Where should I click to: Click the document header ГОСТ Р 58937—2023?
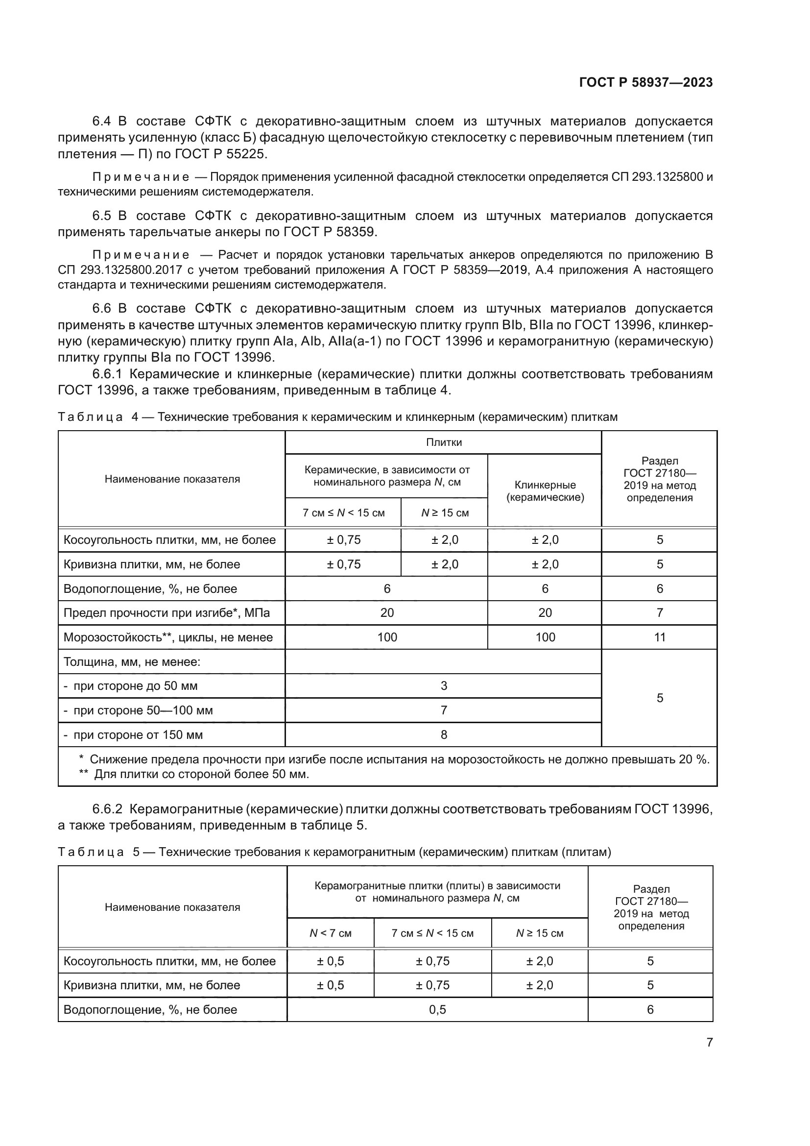[645, 83]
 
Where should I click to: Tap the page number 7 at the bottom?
[709, 1042]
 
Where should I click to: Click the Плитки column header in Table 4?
[443, 442]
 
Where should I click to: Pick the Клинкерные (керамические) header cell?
[545, 491]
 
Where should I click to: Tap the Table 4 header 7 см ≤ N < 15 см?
[343, 513]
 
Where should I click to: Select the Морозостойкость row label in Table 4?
[167, 637]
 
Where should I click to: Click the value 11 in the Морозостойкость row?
[659, 637]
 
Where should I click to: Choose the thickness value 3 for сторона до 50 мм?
[443, 686]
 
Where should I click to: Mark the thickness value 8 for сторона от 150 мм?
[443, 735]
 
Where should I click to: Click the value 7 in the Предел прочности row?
[659, 613]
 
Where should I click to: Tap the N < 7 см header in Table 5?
[330, 933]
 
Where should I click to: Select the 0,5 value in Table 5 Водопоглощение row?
[437, 1010]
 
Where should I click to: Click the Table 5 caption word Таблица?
[90, 852]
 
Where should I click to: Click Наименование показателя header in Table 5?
[172, 907]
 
